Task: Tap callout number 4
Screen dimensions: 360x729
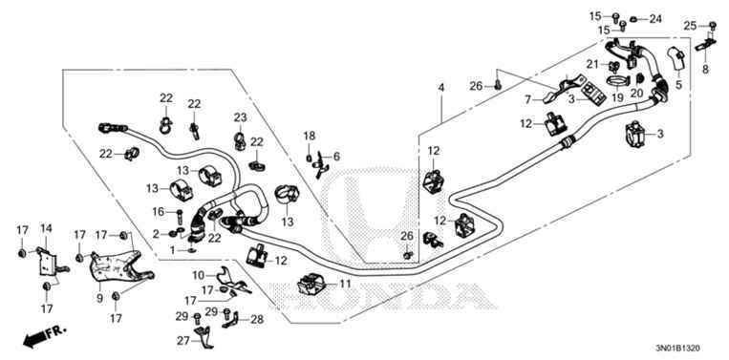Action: [440, 89]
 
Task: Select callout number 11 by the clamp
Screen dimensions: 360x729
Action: [345, 284]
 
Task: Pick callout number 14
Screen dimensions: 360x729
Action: [44, 227]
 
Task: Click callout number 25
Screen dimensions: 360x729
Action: [690, 25]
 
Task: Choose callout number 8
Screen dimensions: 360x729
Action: [705, 70]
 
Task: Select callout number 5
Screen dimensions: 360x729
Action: [680, 84]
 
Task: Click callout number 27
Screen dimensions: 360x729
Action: [182, 339]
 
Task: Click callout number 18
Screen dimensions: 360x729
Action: [309, 137]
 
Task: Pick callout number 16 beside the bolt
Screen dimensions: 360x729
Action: [159, 211]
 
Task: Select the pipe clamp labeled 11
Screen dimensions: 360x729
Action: [311, 285]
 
